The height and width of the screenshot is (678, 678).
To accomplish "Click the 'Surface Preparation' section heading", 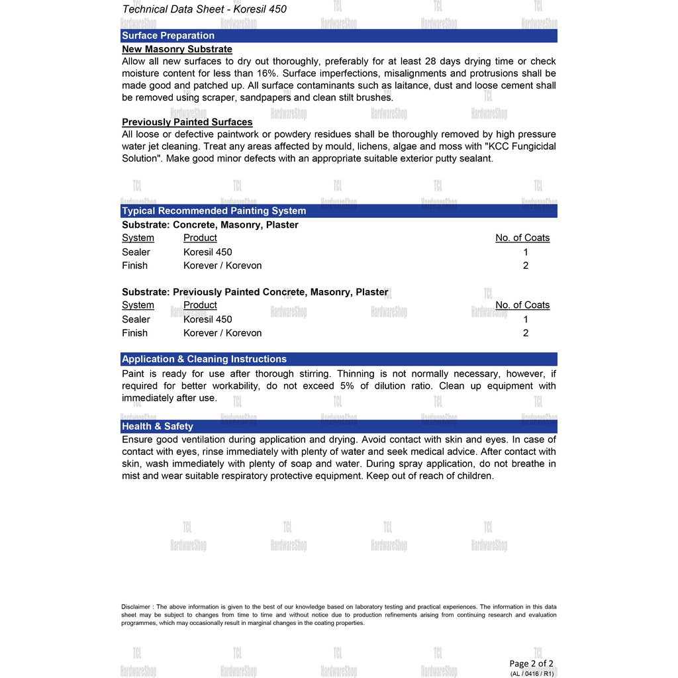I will [x=168, y=36].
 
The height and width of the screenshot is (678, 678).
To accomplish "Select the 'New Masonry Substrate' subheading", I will [x=177, y=49].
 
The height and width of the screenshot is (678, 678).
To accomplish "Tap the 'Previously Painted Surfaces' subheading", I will [x=187, y=122].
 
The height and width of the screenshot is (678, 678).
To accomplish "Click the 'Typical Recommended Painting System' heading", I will [x=213, y=211].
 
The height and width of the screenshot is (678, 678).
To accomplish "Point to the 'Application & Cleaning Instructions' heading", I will [x=204, y=359].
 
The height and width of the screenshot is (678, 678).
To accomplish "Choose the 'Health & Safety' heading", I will [x=158, y=426].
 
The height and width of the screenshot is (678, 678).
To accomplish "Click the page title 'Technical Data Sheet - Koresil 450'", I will [x=205, y=9].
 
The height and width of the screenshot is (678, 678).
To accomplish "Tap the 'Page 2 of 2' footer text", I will [x=531, y=663].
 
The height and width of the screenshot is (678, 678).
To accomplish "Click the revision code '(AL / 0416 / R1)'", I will [x=532, y=673].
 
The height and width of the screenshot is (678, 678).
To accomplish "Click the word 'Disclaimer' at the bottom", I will [x=136, y=606].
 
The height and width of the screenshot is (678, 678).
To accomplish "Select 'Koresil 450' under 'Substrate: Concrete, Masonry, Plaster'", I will [x=207, y=252].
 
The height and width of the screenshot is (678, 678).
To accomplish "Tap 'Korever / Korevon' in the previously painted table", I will [x=222, y=333].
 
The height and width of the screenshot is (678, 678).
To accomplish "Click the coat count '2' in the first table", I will [x=526, y=266].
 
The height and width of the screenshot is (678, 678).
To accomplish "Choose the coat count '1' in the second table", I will [x=526, y=319].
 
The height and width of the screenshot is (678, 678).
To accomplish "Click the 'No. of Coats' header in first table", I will [x=522, y=238].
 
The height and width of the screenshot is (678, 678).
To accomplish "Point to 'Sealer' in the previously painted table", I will [x=136, y=319].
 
